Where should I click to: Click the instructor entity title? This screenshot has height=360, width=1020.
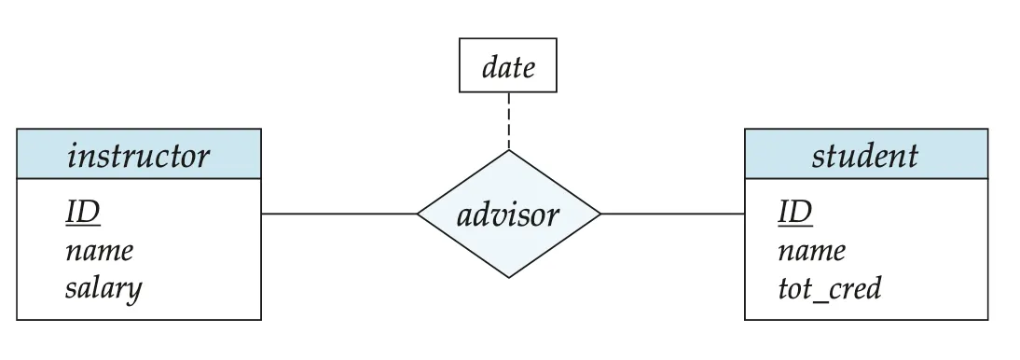tap(139, 157)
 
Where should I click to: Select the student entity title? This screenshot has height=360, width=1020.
tap(865, 157)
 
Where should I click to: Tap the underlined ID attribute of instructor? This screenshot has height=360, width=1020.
tap(83, 213)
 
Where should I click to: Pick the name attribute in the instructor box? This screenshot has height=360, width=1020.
tap(100, 251)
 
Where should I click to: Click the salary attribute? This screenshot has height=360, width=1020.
tap(103, 288)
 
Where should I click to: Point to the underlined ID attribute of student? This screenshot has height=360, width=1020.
tap(795, 213)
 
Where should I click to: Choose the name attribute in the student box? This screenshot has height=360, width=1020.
tap(812, 251)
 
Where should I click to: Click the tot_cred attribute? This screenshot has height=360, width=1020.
tap(830, 288)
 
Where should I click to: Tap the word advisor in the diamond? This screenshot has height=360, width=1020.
tap(508, 215)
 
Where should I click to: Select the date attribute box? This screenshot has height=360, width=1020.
tap(508, 65)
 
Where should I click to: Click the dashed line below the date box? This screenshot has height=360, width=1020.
tap(509, 121)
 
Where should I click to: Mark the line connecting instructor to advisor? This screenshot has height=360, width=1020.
tap(339, 214)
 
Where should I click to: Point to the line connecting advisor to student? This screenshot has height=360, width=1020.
tap(672, 214)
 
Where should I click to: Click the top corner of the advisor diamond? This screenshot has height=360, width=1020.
tap(509, 150)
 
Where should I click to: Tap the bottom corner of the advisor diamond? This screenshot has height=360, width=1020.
tap(509, 278)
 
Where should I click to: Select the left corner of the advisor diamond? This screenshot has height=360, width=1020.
tap(417, 214)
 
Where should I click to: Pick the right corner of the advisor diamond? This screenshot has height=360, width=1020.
tap(600, 214)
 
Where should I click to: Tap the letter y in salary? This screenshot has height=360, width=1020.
tap(133, 292)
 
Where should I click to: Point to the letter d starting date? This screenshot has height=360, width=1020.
tap(489, 67)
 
